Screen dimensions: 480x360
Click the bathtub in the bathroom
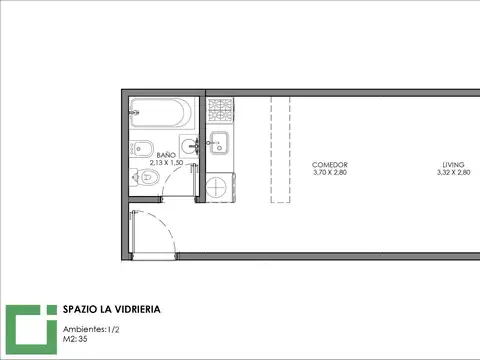[162, 113]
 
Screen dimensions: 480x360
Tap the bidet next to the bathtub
[142, 149]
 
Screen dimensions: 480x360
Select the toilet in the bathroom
[145, 177]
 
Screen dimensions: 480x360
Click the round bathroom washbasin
[189, 146]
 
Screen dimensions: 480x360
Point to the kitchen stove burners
[220, 110]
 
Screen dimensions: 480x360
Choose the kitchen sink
[219, 143]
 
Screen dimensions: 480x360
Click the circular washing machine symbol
[216, 187]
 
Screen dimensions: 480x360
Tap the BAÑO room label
[166, 155]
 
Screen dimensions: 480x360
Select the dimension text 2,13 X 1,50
[166, 163]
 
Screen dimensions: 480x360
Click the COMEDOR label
[330, 165]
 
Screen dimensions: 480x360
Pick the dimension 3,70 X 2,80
[330, 172]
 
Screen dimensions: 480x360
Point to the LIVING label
[453, 165]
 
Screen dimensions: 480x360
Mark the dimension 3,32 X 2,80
[453, 172]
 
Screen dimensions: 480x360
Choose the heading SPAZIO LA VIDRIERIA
[112, 309]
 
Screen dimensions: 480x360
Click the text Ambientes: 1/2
[91, 329]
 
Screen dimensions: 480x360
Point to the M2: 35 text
[75, 339]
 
